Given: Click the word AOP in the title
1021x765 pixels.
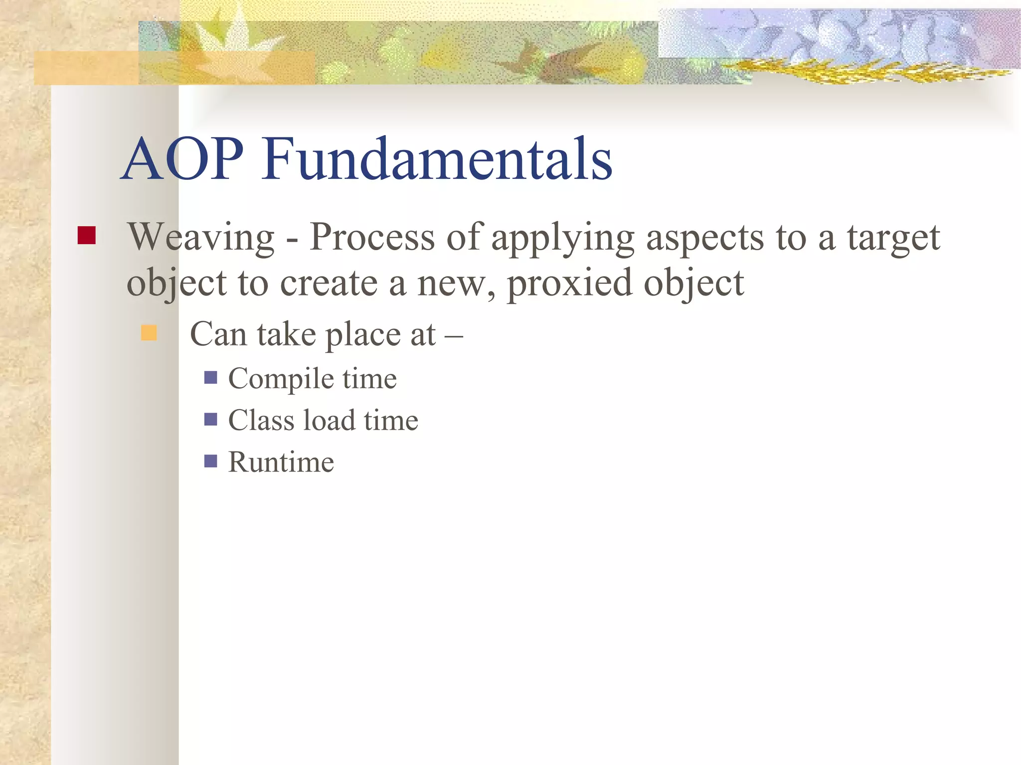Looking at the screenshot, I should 182,159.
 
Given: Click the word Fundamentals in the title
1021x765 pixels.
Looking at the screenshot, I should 437,159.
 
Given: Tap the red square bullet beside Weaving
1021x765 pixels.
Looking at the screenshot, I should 87,235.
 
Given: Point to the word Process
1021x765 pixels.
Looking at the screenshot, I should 371,237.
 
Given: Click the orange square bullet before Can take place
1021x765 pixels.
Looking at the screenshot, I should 149,332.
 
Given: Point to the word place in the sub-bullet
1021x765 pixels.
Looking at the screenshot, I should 363,335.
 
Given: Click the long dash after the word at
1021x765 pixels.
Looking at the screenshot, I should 454,335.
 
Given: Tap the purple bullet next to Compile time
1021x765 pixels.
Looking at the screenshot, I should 211,377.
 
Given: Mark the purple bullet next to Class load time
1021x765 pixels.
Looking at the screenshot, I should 211,419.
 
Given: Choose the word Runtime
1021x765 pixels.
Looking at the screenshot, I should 281,462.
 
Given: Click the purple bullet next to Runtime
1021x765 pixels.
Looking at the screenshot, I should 211,461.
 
